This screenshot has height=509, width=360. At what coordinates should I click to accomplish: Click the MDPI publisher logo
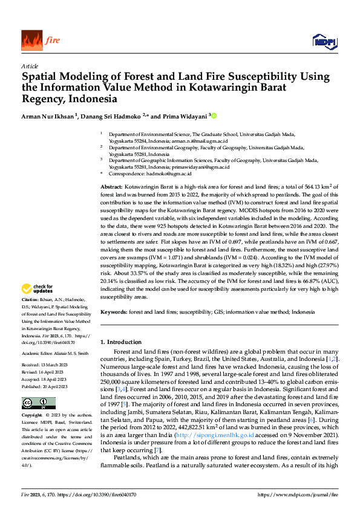(324, 41)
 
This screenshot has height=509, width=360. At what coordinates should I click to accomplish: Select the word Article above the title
(30, 66)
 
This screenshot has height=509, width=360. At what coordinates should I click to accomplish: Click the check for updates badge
(39, 289)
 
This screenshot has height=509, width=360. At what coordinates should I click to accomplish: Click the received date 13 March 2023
(54, 365)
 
